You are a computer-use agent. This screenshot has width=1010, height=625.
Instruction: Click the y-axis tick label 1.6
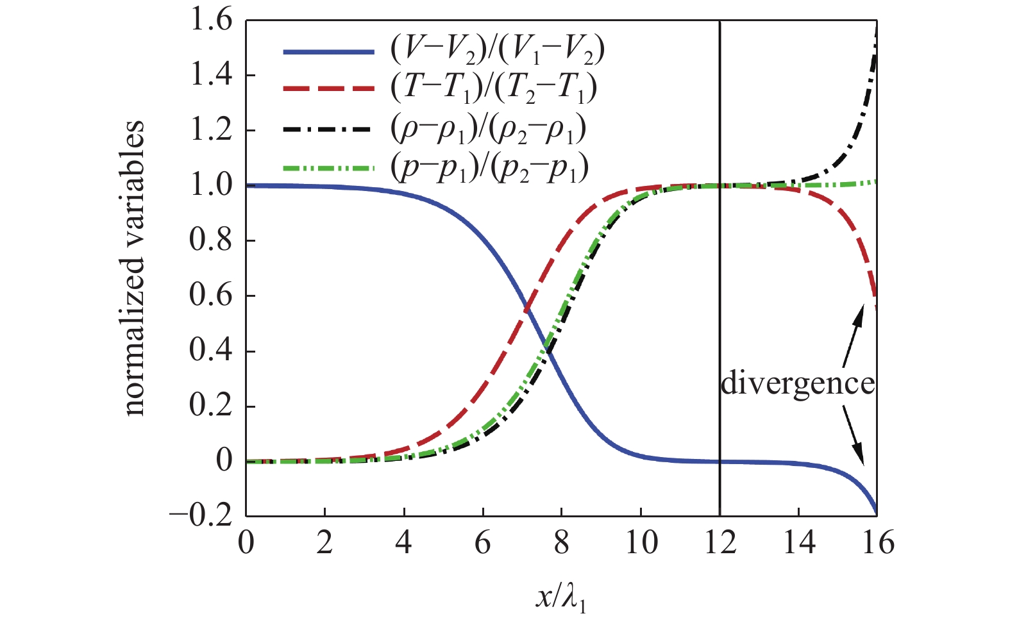210,21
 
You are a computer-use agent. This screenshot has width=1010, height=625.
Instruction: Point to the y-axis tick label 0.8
210,241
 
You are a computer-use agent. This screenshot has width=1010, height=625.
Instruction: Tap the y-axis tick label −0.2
199,516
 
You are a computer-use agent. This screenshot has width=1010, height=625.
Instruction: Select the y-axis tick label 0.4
210,351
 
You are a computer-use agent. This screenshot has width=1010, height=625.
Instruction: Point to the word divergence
798,383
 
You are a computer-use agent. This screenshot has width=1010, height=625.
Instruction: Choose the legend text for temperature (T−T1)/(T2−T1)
494,88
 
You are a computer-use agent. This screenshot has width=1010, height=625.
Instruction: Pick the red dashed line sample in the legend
329,88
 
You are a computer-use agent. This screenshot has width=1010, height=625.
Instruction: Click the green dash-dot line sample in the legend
329,169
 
